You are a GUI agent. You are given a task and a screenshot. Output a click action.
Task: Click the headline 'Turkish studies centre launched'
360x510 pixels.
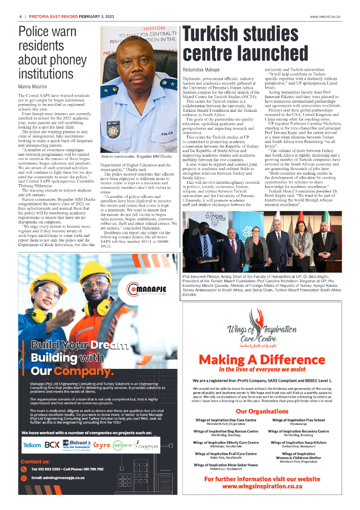point(245,44)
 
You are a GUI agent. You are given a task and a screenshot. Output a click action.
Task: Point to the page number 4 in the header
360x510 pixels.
point(20,16)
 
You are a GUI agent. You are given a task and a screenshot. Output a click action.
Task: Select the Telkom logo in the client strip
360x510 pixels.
point(32,445)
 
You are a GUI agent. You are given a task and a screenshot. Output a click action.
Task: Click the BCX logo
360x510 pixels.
point(52,445)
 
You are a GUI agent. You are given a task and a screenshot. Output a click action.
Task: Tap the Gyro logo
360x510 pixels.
point(101,445)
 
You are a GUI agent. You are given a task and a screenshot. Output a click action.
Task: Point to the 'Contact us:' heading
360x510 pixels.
point(35,461)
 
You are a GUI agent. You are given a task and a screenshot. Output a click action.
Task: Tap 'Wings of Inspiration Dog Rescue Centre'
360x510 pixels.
point(225,431)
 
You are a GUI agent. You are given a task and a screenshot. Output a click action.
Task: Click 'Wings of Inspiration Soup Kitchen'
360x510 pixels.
point(298,442)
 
